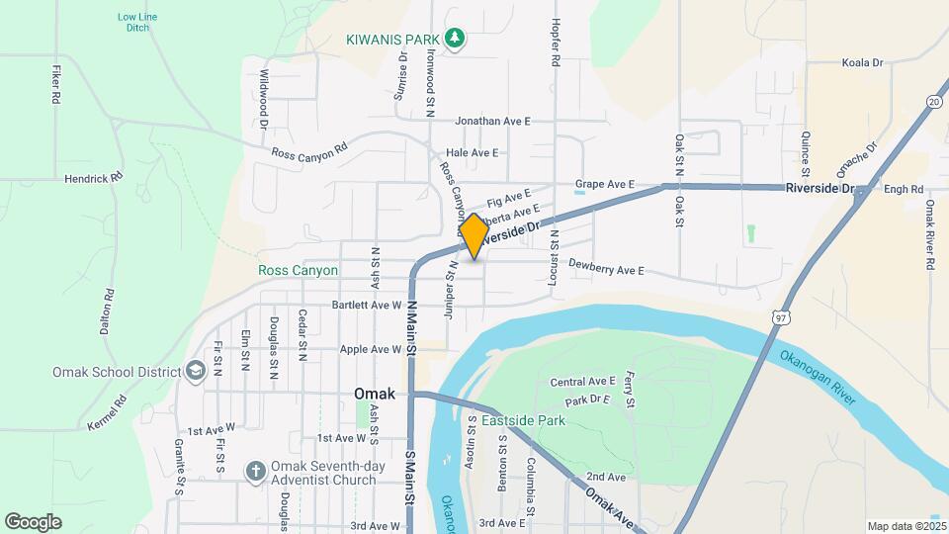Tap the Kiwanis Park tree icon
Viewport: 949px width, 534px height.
[455, 39]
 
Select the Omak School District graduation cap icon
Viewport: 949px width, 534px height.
[195, 371]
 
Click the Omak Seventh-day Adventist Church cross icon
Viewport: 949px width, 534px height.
[254, 471]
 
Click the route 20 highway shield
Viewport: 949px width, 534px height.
[934, 101]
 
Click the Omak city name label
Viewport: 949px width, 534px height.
[375, 394]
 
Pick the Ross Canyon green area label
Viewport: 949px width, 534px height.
[298, 270]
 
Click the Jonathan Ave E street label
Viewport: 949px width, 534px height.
[493, 121]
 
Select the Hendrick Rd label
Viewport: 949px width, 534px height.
[93, 178]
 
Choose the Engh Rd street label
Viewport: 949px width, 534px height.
[904, 190]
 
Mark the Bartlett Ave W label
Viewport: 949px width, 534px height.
[367, 305]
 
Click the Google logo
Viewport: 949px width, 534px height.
[33, 521]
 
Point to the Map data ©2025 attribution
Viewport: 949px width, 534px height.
[906, 526]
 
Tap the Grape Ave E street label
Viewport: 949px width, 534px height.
[604, 185]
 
